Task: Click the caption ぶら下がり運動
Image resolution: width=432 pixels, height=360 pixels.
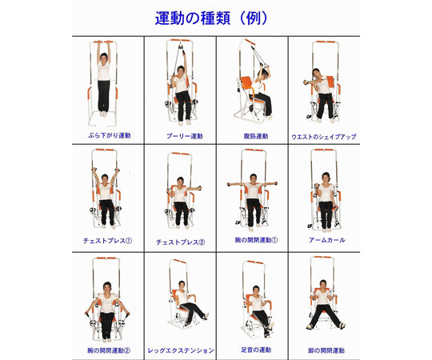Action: pos(108,135)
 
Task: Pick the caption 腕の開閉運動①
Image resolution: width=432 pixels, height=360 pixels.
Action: pos(256,239)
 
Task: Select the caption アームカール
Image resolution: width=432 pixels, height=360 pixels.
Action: pos(326,239)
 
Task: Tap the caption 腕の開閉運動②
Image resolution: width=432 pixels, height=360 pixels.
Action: pos(108,350)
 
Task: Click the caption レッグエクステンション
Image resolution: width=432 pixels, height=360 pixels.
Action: pos(182,350)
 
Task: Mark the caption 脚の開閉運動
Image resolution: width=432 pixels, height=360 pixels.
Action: pos(326,350)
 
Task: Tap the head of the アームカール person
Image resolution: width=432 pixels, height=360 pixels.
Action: pos(326,178)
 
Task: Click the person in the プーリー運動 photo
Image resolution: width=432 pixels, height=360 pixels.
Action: pos(182,92)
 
